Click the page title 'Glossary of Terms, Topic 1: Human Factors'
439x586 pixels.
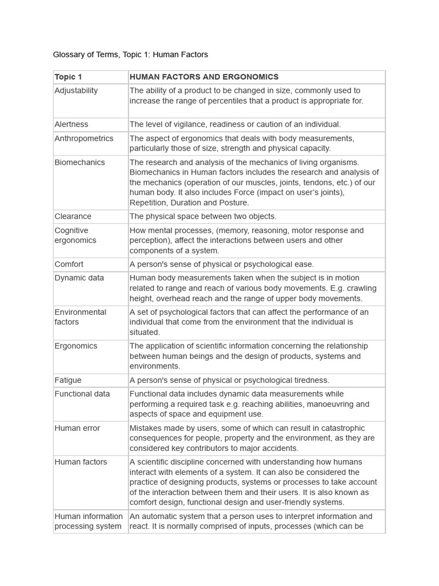click(x=130, y=55)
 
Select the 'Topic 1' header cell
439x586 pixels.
click(x=69, y=77)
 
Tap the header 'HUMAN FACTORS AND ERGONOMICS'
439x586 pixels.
click(x=204, y=77)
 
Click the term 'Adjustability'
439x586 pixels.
click(x=76, y=90)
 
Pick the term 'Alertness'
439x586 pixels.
click(x=71, y=124)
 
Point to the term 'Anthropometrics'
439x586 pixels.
click(x=84, y=138)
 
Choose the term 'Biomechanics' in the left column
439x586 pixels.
click(x=79, y=163)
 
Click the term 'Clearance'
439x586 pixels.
click(x=73, y=216)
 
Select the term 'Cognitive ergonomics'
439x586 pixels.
click(x=75, y=235)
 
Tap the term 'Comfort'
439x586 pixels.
click(x=69, y=264)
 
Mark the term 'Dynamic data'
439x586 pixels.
click(x=79, y=278)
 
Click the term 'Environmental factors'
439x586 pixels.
click(x=81, y=317)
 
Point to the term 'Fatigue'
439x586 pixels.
click(x=68, y=380)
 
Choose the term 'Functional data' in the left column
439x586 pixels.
click(x=82, y=394)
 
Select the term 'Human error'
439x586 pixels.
click(x=77, y=428)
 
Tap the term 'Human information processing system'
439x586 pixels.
click(x=89, y=521)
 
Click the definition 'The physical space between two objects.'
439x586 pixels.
click(x=203, y=216)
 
